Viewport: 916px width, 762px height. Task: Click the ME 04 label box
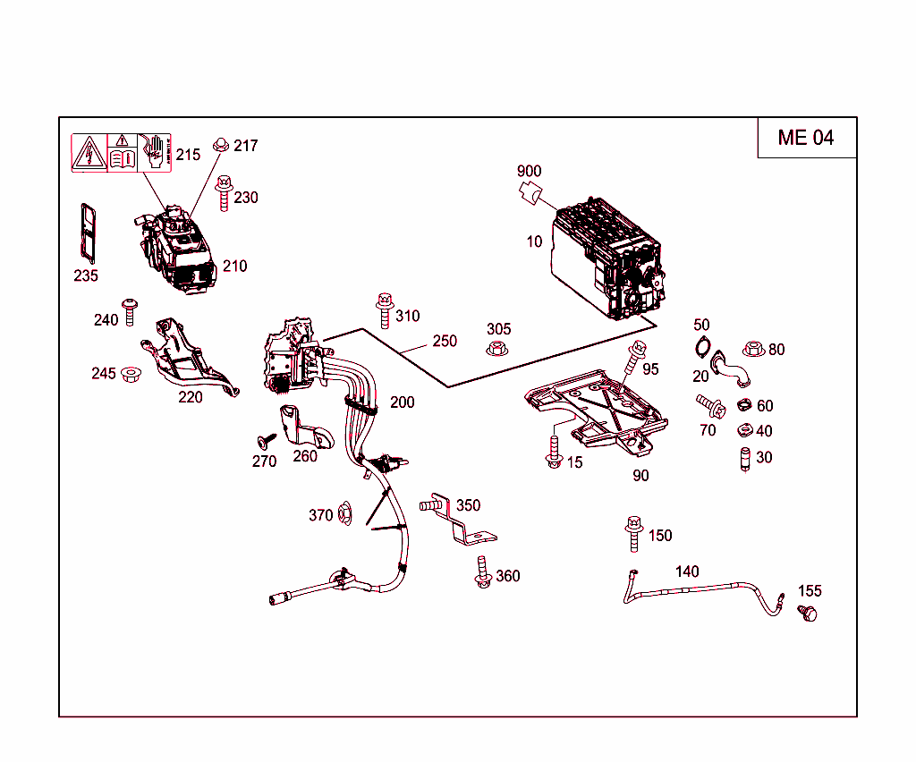tap(806, 137)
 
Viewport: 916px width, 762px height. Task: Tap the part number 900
tap(529, 171)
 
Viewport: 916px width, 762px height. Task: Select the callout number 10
tap(534, 241)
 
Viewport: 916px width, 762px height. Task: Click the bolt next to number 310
tap(385, 310)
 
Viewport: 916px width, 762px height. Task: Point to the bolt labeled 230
tap(224, 193)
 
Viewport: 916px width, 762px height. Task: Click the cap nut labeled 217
tap(220, 145)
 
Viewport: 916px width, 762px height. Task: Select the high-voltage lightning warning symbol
tap(89, 153)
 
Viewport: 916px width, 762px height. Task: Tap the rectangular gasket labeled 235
tap(87, 233)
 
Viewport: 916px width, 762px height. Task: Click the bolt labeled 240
tap(130, 311)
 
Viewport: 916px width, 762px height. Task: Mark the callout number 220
tap(190, 397)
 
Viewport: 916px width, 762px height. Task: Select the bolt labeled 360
tap(483, 572)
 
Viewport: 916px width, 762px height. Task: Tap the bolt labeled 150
tap(633, 533)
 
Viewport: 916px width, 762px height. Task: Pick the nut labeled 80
tap(752, 348)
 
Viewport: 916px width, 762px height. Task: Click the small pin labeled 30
tap(744, 459)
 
